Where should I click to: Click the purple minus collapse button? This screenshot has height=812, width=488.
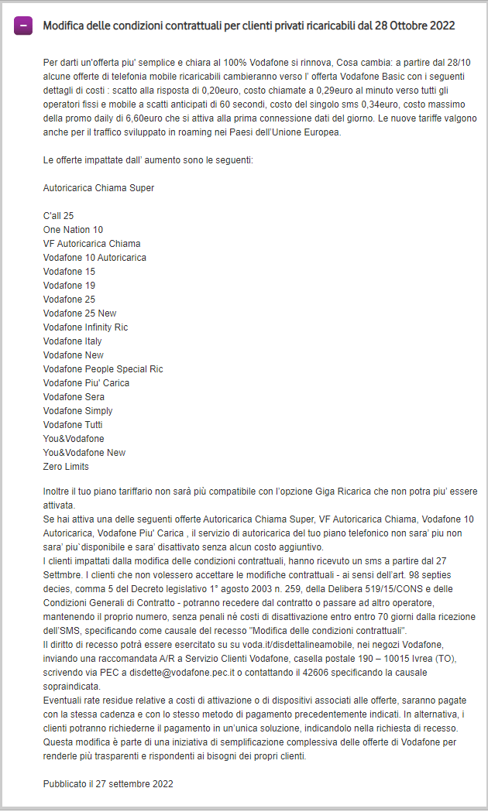pos(23,26)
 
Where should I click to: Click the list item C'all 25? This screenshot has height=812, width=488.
pos(59,216)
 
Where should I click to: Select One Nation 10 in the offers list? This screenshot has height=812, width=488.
pos(73,230)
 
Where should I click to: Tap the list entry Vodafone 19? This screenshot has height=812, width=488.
pos(69,286)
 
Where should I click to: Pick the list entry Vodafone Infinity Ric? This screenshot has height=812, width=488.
pos(85,327)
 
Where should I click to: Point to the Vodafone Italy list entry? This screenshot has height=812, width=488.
pos(72,341)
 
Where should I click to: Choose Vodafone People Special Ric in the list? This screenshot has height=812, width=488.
pos(103,369)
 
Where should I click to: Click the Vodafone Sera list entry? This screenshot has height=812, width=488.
pos(73,397)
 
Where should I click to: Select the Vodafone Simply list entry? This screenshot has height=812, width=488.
pos(77,411)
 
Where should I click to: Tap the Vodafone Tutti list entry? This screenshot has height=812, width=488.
pos(73,425)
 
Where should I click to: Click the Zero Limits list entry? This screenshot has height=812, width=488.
pos(66,467)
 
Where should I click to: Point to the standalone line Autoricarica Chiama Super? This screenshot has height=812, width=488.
pos(98,188)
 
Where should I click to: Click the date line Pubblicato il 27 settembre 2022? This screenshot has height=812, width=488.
pos(108,784)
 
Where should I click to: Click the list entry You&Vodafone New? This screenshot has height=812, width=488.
pos(84,453)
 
